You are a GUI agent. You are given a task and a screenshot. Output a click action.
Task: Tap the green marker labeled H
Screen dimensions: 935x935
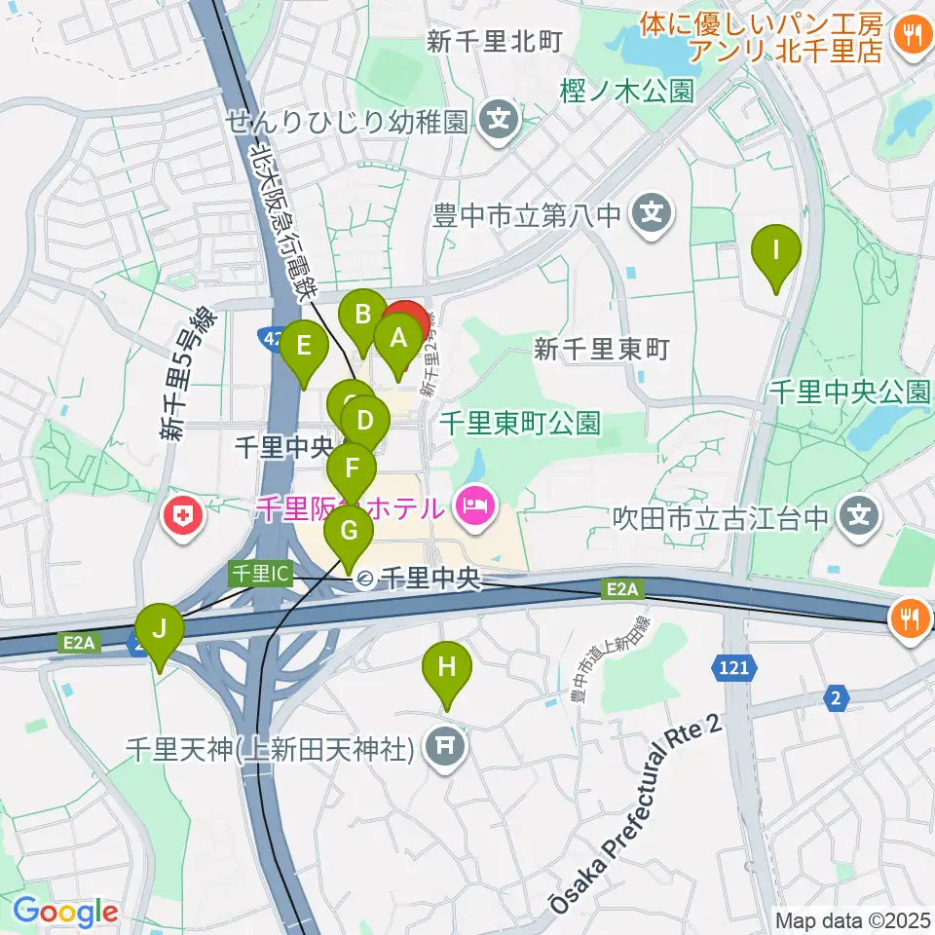tap(447, 668)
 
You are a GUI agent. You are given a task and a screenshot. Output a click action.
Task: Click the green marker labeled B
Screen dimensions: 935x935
tap(362, 316)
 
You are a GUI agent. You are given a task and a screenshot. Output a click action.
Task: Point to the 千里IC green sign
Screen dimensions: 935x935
tap(260, 573)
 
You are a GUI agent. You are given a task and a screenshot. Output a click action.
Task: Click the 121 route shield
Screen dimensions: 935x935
tap(736, 667)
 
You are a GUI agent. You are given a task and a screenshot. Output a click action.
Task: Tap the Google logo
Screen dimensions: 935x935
tap(65, 911)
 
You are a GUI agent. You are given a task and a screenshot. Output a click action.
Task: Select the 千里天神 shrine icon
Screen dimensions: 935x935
tap(446, 748)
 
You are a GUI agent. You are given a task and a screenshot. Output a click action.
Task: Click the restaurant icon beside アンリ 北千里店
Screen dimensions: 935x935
tap(912, 37)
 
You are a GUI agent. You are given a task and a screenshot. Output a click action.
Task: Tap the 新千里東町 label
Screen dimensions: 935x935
tap(602, 349)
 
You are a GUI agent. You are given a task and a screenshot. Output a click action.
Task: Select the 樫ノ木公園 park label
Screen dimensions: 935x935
tap(628, 92)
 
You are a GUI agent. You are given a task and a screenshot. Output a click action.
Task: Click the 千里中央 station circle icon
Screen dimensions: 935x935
tap(364, 580)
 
